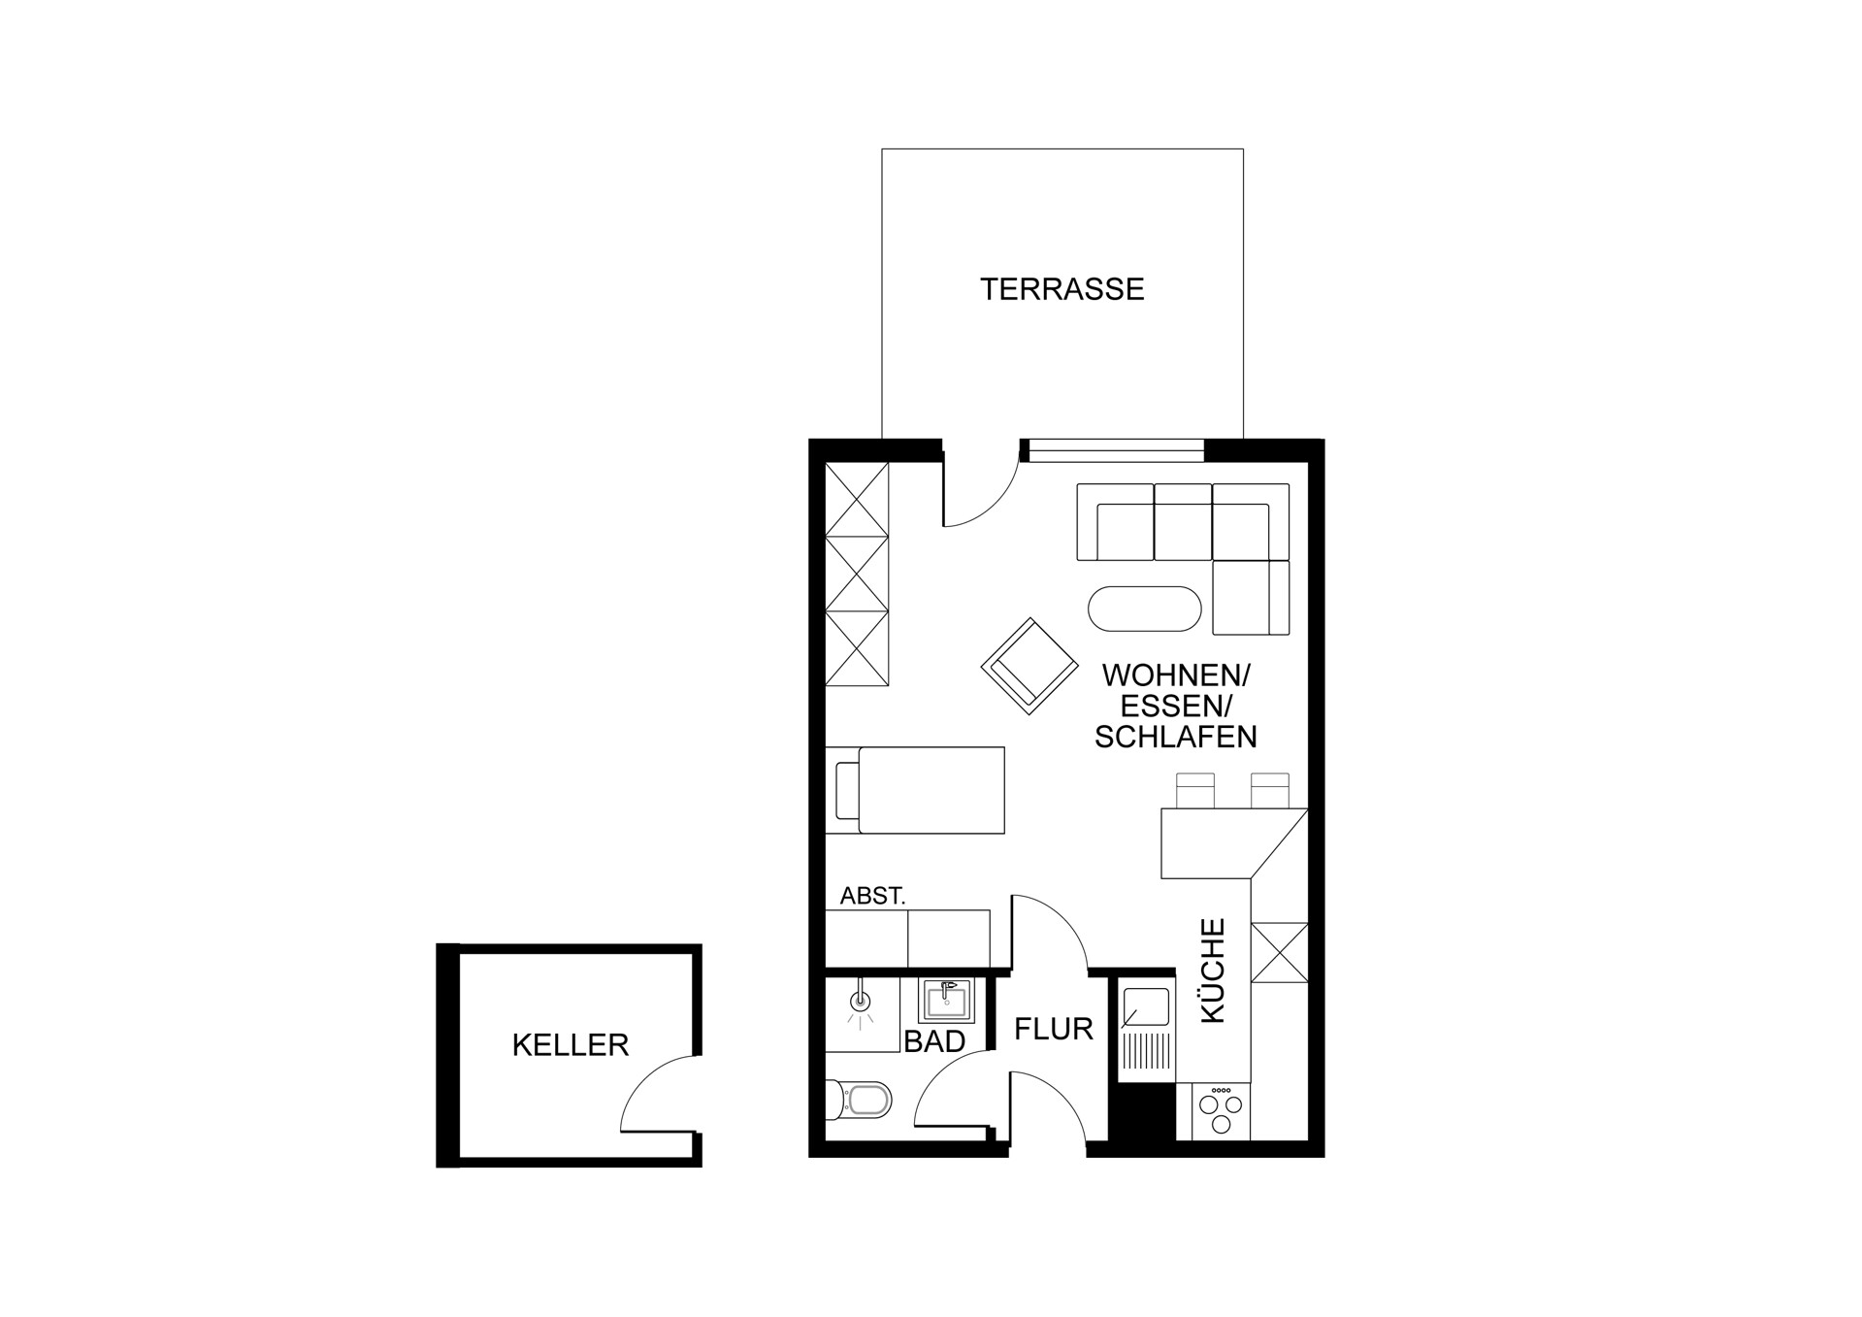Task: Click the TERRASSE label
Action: click(x=1062, y=289)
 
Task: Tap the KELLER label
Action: click(x=571, y=1045)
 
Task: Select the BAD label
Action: click(x=934, y=1041)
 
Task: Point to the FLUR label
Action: click(x=1054, y=1029)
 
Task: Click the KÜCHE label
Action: click(x=1214, y=971)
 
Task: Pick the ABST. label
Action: click(x=872, y=896)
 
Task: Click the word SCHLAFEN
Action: click(x=1175, y=738)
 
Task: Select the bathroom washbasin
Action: click(x=947, y=1002)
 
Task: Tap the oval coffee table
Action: click(x=1145, y=609)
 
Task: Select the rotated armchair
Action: click(x=1029, y=666)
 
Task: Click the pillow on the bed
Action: click(x=847, y=790)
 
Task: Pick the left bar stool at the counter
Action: click(x=1194, y=791)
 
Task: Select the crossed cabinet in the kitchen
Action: click(x=1280, y=952)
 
